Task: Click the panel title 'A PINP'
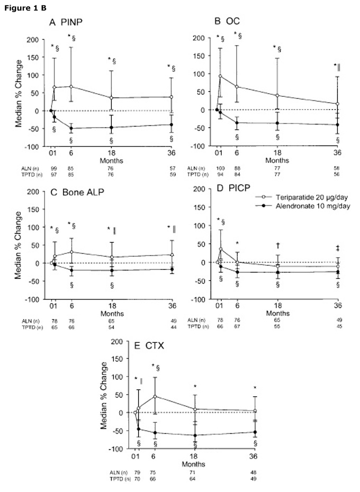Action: (65, 22)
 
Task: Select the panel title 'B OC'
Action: (224, 22)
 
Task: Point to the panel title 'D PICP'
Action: (228, 193)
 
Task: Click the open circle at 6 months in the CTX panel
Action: (155, 396)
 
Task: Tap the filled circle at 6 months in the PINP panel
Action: (71, 128)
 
